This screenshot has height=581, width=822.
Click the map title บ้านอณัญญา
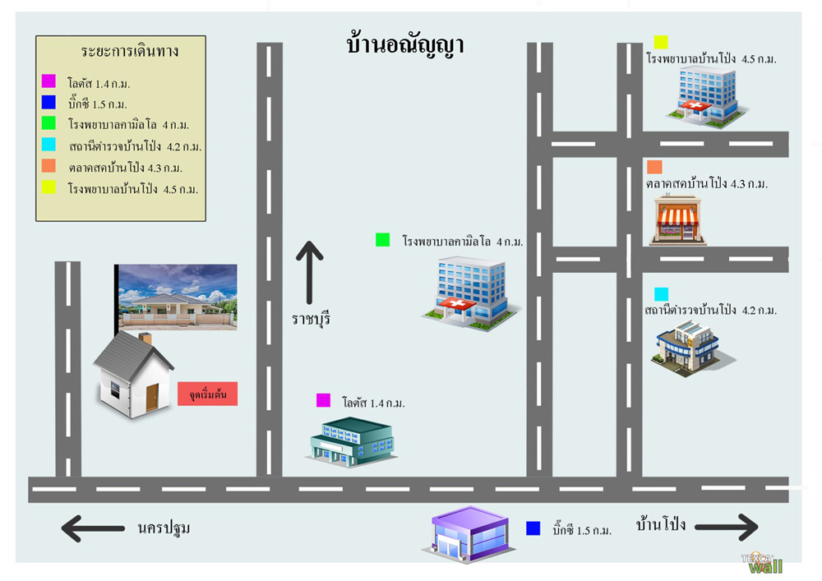pos(405,44)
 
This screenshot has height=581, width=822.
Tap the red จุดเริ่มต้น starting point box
pos(208,395)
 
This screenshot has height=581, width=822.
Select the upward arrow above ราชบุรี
pos(309,271)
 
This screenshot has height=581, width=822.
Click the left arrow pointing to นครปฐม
pos(93,528)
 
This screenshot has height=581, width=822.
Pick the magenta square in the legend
pos(48,81)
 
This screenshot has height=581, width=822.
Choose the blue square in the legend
pos(48,103)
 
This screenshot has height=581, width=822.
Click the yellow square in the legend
pos(48,188)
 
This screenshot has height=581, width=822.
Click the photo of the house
pos(177,297)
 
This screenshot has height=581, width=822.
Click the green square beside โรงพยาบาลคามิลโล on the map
pos(382,240)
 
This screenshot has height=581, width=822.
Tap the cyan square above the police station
pos(662,293)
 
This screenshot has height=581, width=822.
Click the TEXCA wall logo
pos(762,563)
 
